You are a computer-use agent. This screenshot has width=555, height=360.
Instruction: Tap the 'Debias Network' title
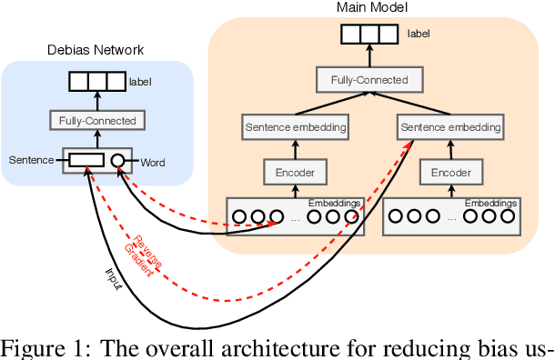(x=96, y=49)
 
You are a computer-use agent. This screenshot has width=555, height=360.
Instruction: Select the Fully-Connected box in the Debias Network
(x=97, y=121)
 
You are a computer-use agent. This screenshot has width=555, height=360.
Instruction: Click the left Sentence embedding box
(x=296, y=127)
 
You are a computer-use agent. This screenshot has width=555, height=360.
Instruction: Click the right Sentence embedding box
(x=450, y=127)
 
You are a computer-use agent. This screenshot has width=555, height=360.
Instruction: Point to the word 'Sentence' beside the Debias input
(x=32, y=161)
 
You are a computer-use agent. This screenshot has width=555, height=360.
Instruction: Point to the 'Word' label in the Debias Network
(x=152, y=164)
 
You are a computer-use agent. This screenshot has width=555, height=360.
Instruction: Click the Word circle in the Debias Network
(x=118, y=162)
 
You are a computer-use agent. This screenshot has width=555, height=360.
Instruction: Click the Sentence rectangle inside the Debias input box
(x=86, y=161)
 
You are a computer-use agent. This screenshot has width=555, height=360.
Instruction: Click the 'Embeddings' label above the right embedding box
(x=490, y=203)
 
